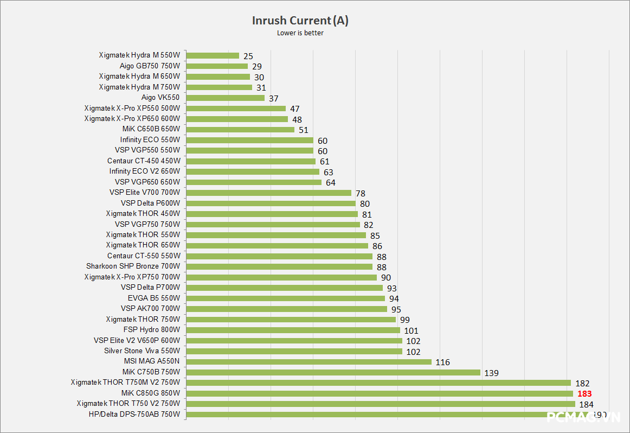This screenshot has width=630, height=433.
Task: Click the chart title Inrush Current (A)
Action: point(300,21)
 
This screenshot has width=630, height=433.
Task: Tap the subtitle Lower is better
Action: point(300,33)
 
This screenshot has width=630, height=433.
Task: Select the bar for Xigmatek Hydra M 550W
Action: point(213,55)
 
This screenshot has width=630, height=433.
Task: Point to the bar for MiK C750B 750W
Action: point(333,372)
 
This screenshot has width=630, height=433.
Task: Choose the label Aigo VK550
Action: point(160,98)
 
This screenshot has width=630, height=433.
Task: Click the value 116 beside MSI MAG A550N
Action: point(442,362)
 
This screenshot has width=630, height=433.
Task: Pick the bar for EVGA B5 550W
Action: point(286,298)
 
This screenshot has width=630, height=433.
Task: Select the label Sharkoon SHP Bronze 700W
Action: point(133,266)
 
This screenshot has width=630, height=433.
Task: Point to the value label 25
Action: point(248,56)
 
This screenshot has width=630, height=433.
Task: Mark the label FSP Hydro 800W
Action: point(151,329)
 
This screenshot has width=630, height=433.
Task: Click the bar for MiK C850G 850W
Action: point(380,393)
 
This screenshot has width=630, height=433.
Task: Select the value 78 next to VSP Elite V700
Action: point(361,193)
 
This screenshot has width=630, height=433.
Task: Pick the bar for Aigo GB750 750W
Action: point(217,66)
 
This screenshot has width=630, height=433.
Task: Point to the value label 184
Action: point(587,404)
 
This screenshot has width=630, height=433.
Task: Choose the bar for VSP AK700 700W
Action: point(287,309)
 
